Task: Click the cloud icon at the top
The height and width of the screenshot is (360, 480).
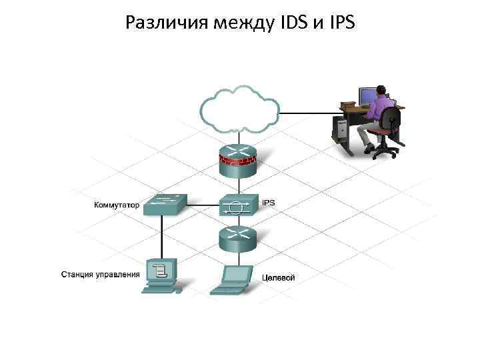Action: coord(240,110)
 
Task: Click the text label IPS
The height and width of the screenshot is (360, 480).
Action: coord(268,202)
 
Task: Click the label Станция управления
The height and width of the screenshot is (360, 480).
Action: coord(101,274)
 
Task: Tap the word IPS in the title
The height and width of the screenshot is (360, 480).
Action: coord(339,24)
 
